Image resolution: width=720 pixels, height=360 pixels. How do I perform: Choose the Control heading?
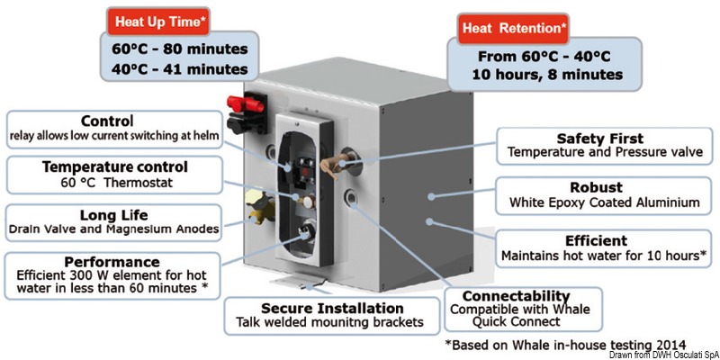(107, 121)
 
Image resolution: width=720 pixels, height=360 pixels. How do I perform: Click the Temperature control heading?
(113, 167)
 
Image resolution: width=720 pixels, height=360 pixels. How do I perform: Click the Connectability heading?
(515, 295)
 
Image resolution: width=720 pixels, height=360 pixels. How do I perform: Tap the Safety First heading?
(600, 139)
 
